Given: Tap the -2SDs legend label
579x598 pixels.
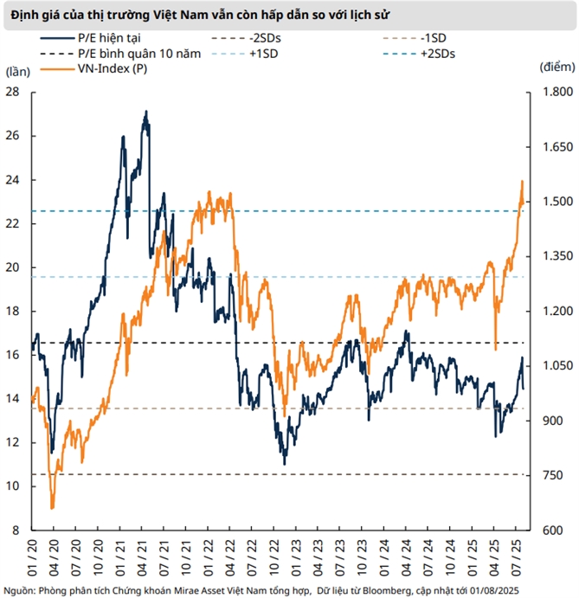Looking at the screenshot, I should click(273, 38).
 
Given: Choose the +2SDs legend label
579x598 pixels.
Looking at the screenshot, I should click(437, 53).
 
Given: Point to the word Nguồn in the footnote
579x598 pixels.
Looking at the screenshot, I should click(20, 589).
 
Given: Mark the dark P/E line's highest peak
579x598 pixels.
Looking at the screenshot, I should click(145, 112).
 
